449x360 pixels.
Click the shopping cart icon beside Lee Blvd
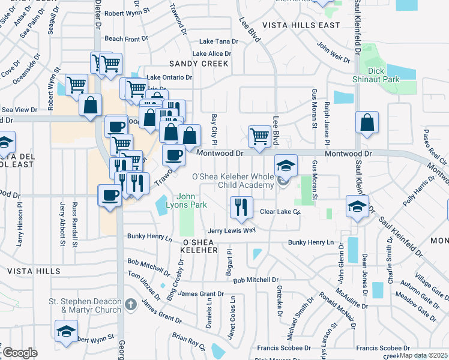[259, 136]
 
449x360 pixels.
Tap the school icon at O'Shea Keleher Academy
[286, 165]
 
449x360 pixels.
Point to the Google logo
[19, 353]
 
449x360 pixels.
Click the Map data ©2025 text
[423, 355]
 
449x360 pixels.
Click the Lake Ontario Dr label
[170, 77]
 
